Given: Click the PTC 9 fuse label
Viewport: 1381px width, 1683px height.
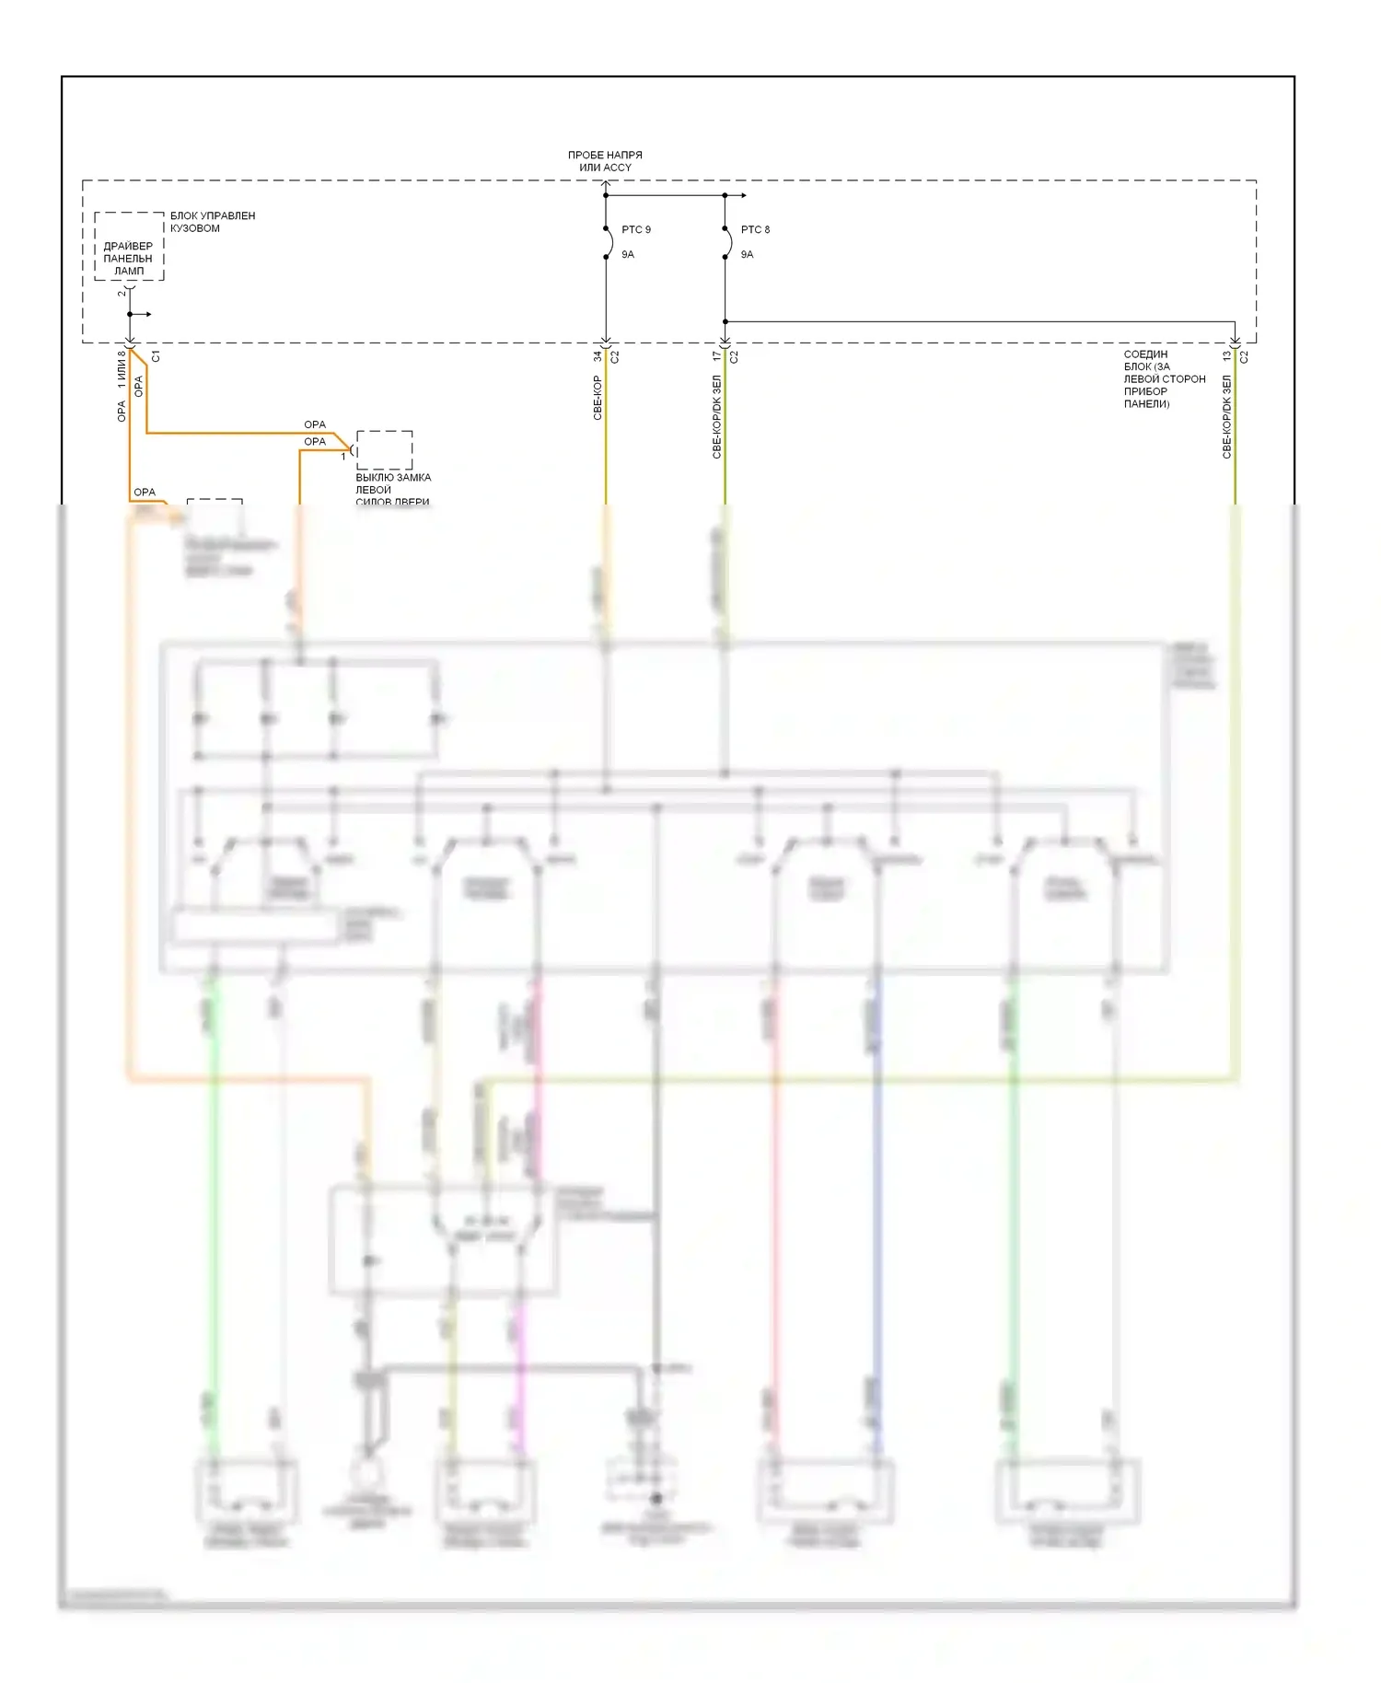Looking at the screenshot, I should [x=635, y=229].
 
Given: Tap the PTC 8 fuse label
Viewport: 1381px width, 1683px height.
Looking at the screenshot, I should [x=755, y=229].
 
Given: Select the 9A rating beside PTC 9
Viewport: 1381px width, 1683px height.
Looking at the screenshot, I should [x=628, y=254].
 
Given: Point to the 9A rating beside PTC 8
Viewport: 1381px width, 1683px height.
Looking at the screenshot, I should [x=747, y=254].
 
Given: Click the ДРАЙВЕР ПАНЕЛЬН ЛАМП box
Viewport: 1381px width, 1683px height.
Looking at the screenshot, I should [x=129, y=258].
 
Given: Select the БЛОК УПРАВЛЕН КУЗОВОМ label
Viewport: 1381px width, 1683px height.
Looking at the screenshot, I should [x=212, y=222].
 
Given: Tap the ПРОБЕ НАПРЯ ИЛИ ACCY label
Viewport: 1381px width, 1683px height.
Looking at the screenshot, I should [x=605, y=161].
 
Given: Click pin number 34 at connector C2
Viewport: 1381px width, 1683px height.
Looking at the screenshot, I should [x=597, y=356].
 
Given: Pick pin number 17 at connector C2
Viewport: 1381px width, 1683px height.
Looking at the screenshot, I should [x=716, y=356].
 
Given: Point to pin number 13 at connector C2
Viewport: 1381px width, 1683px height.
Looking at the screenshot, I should [x=1226, y=356].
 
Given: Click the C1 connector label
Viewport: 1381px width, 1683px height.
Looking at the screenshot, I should [x=156, y=356].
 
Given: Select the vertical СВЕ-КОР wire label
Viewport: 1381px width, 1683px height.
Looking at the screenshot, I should [x=598, y=398].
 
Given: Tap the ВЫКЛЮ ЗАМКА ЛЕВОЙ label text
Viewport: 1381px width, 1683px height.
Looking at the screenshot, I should [x=392, y=489].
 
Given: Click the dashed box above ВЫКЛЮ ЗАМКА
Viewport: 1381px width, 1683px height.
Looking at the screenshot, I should [x=384, y=449].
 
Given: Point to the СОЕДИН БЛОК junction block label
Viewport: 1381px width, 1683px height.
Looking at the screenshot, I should [x=1164, y=378].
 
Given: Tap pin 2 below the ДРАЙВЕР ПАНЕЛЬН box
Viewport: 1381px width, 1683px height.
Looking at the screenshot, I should [x=121, y=292].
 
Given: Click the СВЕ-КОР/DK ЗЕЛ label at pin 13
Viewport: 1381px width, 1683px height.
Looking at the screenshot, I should [x=1226, y=416].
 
